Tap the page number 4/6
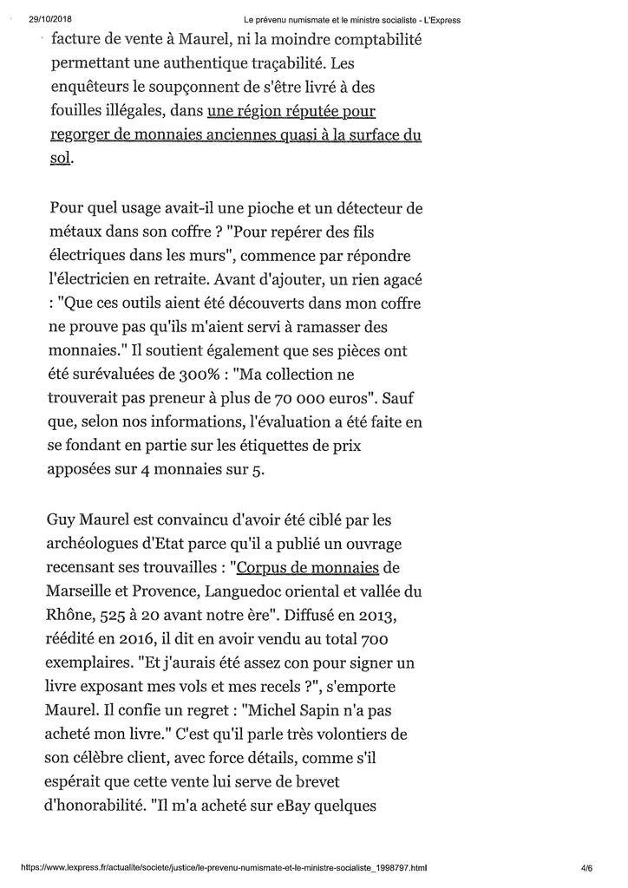(586, 866)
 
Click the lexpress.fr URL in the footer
(223, 866)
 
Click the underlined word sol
(60, 160)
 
